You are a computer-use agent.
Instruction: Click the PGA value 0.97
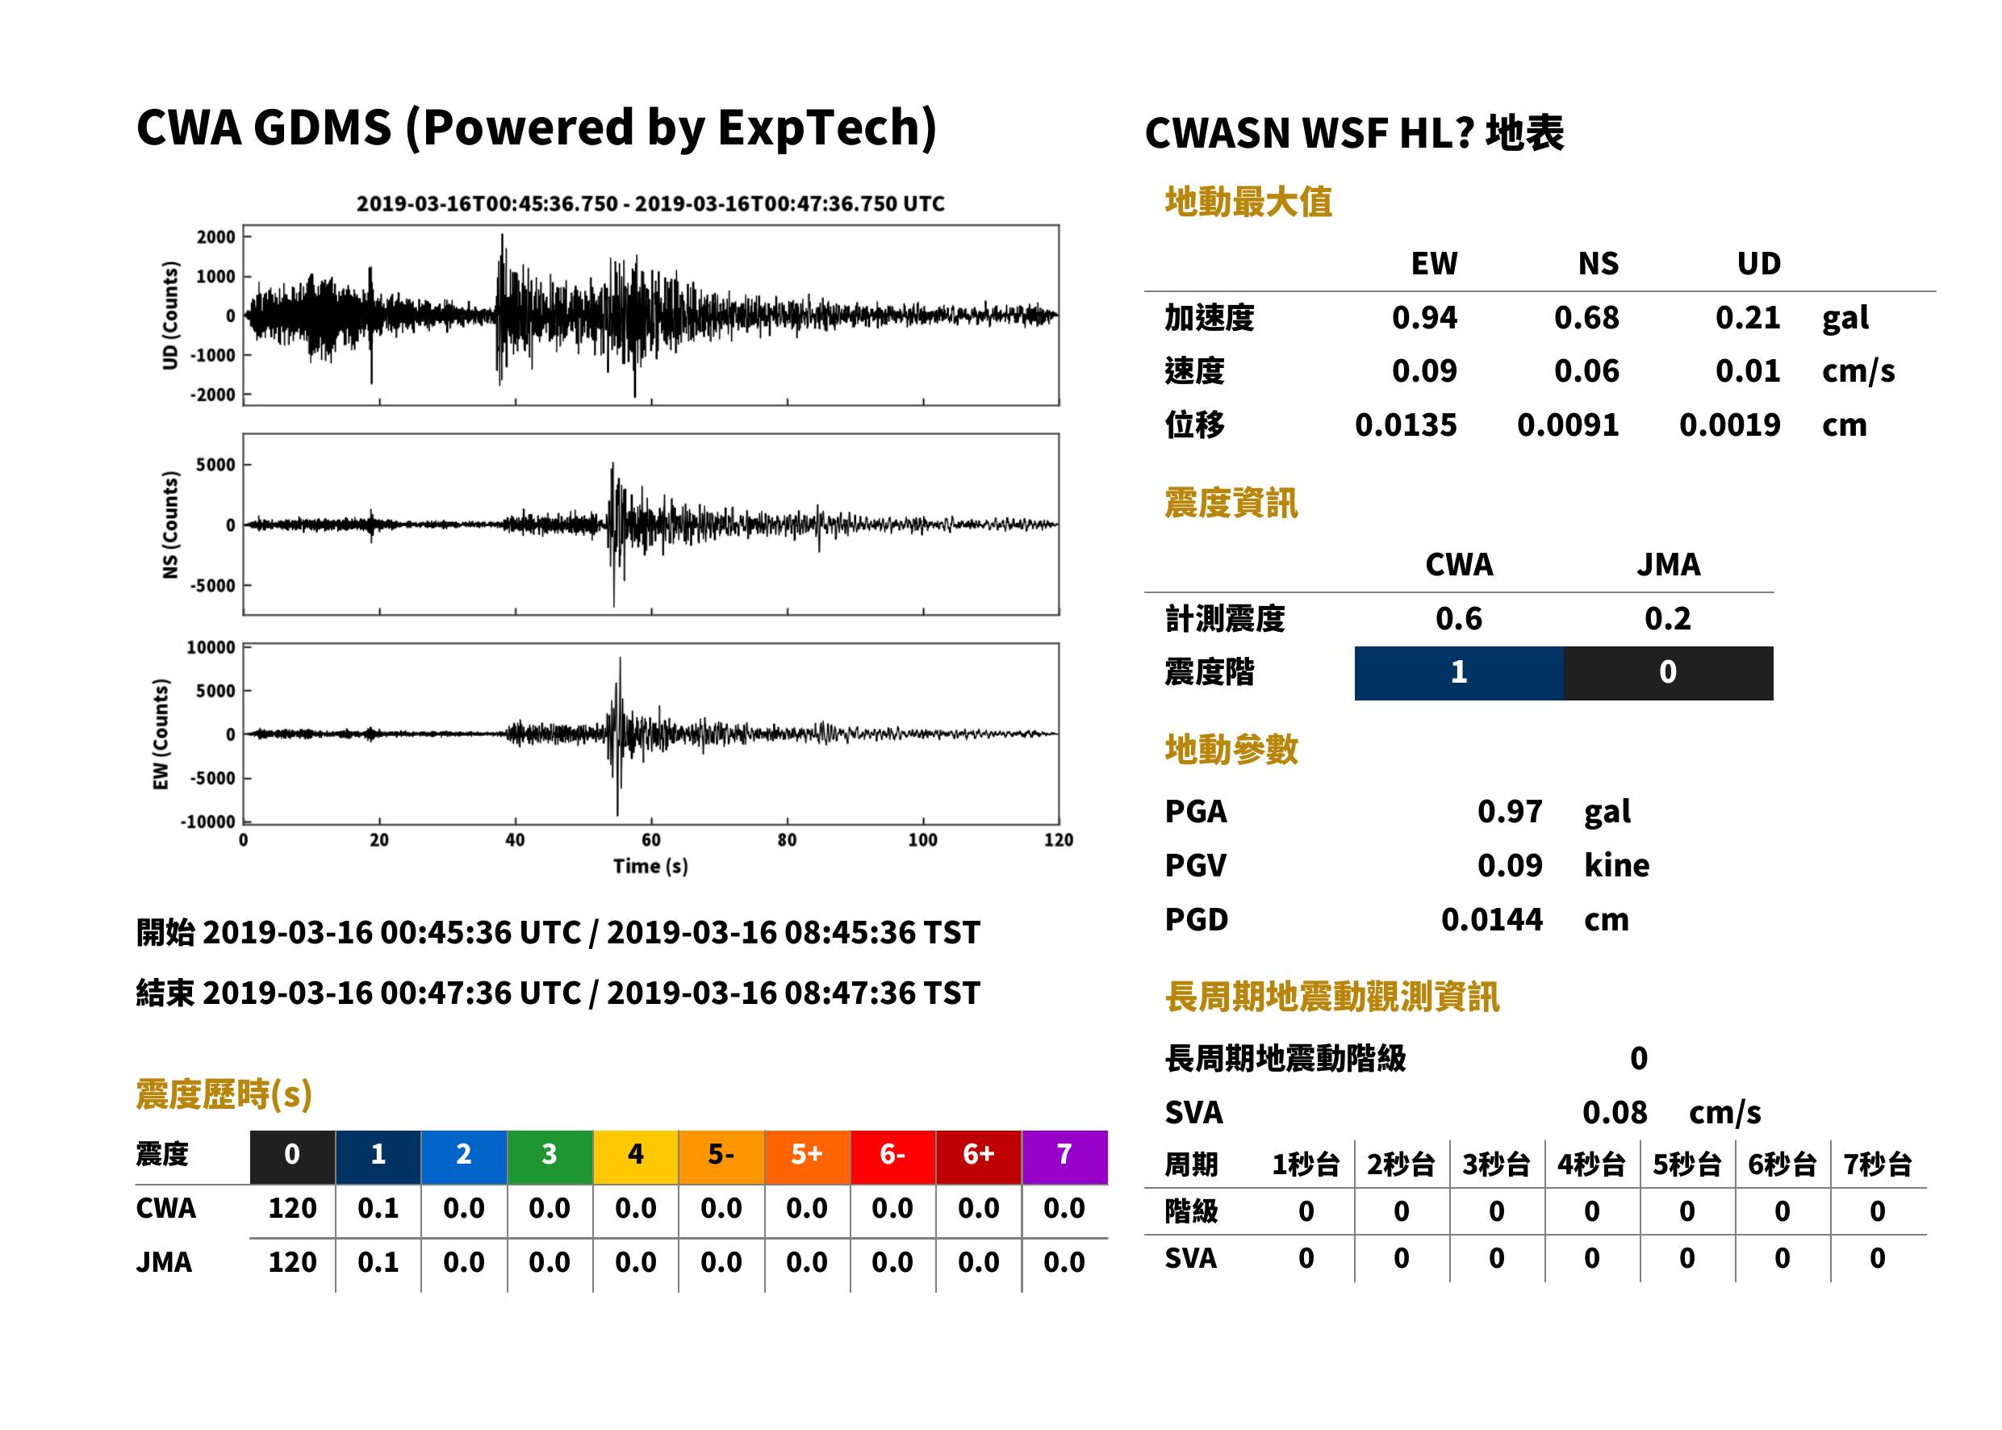1510,811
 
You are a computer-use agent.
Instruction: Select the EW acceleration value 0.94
1424,317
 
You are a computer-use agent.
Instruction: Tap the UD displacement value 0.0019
1730,424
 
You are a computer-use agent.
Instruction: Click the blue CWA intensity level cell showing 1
1459,673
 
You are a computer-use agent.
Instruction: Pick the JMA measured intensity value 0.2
1667,618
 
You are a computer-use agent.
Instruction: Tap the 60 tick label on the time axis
650,840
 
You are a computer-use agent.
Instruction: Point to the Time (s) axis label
650,867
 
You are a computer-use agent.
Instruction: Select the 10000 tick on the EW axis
211,647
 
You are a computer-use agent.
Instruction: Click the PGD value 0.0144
1492,919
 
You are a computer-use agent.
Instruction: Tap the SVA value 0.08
1615,1112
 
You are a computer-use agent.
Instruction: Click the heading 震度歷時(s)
224,1094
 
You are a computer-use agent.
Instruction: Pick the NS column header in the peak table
1598,263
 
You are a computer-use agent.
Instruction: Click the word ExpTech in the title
819,128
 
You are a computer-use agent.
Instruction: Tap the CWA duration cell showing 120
292,1208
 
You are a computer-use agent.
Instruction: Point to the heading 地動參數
1231,750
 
